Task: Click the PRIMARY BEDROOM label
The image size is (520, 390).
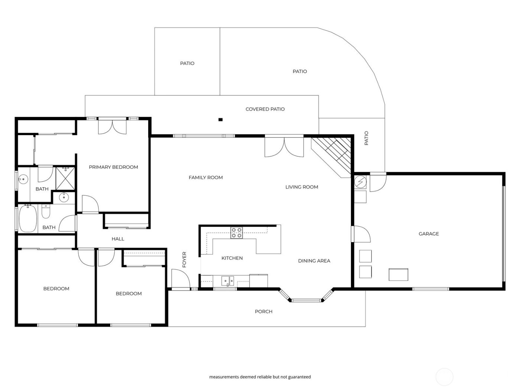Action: tap(113, 167)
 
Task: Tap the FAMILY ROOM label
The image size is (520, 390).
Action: tap(206, 178)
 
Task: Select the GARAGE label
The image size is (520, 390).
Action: tap(429, 234)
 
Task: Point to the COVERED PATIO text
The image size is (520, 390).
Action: tap(265, 109)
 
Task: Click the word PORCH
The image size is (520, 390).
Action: tap(263, 312)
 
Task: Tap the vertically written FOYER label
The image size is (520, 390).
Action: tap(184, 260)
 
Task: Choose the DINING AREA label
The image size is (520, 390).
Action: tap(314, 261)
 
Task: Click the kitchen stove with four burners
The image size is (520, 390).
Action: tap(236, 233)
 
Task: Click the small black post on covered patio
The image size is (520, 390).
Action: tap(220, 120)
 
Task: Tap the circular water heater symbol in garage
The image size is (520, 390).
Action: tap(361, 182)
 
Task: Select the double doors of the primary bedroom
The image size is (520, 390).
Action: tap(113, 126)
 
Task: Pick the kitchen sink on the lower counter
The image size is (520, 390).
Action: tap(227, 281)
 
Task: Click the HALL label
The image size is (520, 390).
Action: tap(118, 239)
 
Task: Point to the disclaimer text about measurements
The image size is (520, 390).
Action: tap(260, 377)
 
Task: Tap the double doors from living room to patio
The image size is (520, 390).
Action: tap(284, 147)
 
